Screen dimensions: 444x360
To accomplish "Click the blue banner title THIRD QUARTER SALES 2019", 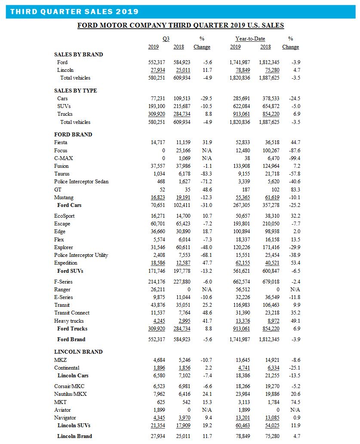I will (74, 12).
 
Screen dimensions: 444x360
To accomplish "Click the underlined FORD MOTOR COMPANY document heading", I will (181, 25).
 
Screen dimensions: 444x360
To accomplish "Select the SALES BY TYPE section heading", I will (75, 91).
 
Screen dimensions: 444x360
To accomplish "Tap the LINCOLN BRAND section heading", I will (78, 352).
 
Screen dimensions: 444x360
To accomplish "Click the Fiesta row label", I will (61, 142).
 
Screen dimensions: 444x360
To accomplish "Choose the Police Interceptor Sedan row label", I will (81, 182).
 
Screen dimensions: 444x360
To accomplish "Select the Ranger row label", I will (62, 290).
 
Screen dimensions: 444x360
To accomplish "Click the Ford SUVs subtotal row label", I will (70, 271).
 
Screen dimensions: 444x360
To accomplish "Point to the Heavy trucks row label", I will (69, 321).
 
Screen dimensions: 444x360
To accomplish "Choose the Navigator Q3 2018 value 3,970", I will (179, 418).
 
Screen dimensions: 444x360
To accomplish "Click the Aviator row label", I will (62, 410).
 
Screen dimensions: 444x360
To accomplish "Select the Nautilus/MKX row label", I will (70, 394).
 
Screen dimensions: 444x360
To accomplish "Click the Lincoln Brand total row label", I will (74, 436).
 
